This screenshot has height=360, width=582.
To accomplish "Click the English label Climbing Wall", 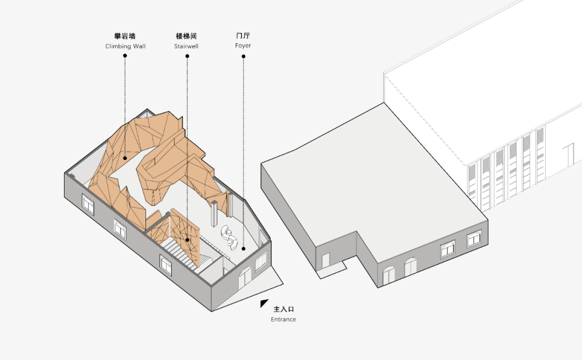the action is click(126, 46).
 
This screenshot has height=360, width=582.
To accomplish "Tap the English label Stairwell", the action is click(186, 46).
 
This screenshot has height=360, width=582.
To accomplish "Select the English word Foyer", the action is click(243, 46).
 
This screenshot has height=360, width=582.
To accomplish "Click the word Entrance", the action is click(283, 319).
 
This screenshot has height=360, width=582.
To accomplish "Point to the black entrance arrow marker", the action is click(263, 303).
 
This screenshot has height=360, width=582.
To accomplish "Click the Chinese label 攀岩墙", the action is click(125, 36).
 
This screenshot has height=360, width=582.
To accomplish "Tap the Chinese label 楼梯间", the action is click(186, 36).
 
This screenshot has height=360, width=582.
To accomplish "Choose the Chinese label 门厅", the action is click(243, 35).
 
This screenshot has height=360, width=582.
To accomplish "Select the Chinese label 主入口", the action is click(284, 309).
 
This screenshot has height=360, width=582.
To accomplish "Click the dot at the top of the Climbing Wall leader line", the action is click(125, 56).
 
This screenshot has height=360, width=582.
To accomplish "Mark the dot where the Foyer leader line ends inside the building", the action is click(244, 248).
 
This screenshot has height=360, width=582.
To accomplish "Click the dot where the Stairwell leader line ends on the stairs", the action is click(188, 240).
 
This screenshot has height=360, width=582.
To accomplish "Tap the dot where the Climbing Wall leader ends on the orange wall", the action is click(125, 158).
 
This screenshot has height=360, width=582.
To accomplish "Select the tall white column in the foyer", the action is click(214, 213).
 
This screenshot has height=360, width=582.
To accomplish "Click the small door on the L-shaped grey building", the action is click(325, 260).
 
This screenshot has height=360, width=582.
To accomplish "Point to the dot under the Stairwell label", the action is click(188, 56).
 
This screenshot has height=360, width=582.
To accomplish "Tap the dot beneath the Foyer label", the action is click(244, 57).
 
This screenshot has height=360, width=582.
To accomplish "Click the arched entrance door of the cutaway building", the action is click(245, 279).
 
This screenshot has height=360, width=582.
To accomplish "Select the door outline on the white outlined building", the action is click(569, 155).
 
